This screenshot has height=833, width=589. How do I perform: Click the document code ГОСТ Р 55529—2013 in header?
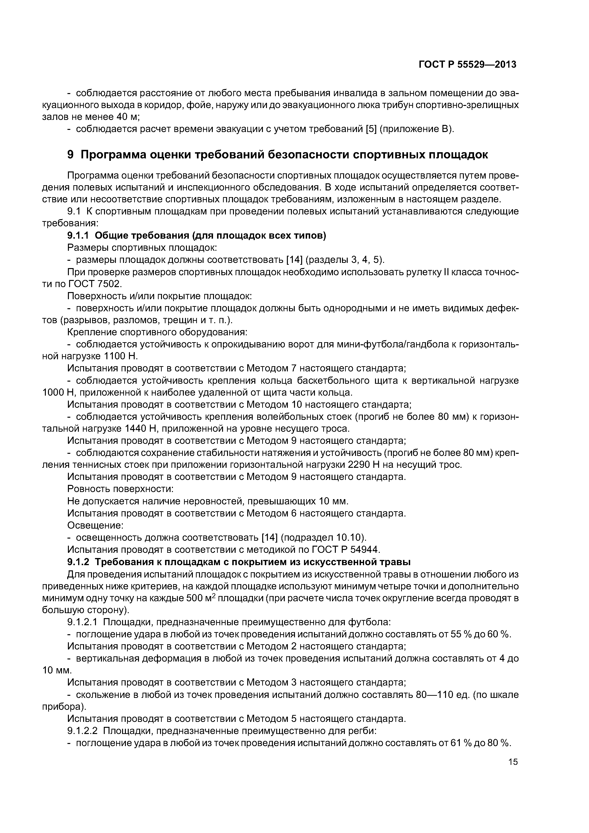(467, 65)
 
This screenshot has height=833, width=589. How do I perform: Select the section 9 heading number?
(71, 155)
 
